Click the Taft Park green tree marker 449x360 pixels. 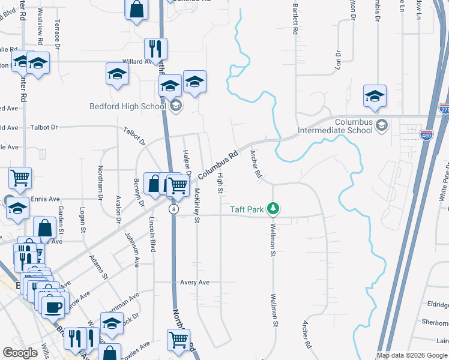click(274, 209)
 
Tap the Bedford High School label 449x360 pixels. click(127, 107)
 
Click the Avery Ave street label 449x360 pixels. click(194, 282)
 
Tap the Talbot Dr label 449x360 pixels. click(44, 127)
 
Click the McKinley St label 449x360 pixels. click(196, 205)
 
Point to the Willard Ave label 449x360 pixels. click(137, 61)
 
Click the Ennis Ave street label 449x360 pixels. click(45, 199)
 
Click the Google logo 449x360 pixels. click(20, 353)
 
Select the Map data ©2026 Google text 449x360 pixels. click(412, 355)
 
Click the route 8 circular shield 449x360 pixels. click(173, 209)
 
